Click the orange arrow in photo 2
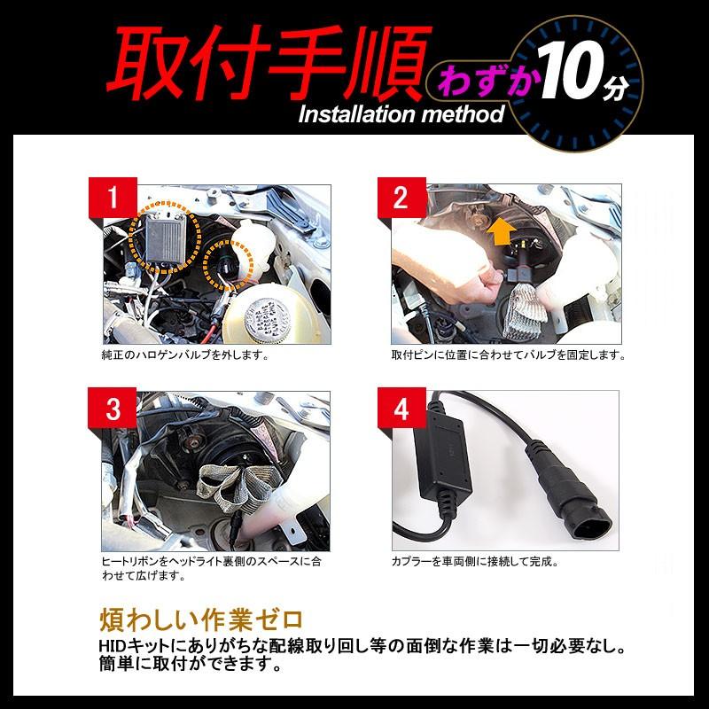[x=502, y=231]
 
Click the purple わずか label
[x=479, y=81]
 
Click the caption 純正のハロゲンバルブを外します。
[x=185, y=355]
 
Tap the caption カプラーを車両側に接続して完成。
[x=475, y=562]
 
